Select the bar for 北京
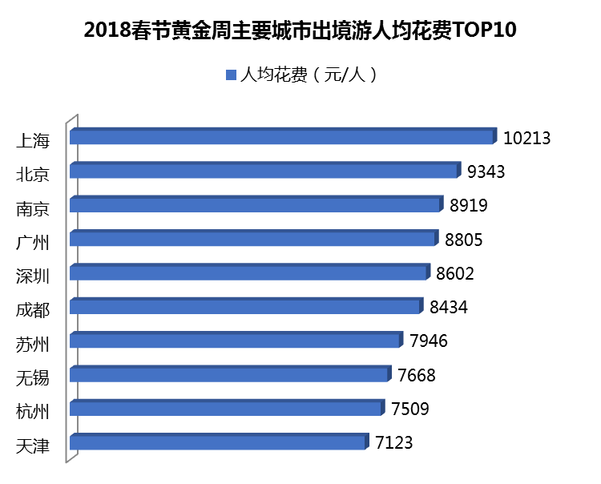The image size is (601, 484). point(264,171)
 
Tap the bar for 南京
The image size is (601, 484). point(256,204)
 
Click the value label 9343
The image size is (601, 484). point(487,171)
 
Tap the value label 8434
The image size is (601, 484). point(448,307)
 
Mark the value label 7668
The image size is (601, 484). point(417,375)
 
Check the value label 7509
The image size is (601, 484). point(410,409)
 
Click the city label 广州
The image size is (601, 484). point(33,242)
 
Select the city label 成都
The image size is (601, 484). point(33,310)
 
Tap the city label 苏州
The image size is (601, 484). point(33,345)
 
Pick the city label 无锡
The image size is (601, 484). point(33,378)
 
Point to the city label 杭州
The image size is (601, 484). point(33,412)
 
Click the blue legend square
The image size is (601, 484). point(232,75)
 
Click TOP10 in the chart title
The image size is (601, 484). point(485,31)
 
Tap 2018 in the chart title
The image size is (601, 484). point(107,31)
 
